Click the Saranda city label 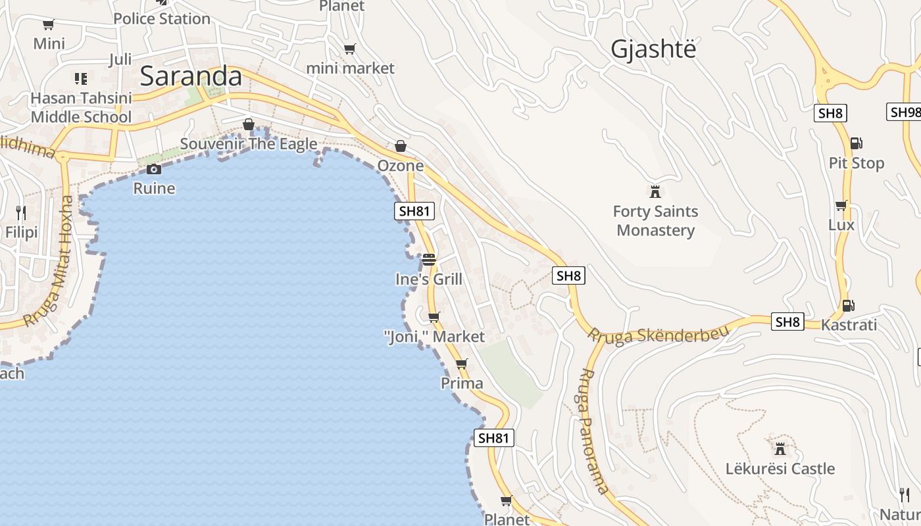pos(191,76)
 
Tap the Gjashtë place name pos(653,49)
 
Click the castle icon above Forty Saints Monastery pos(655,192)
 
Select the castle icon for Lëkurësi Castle pos(780,449)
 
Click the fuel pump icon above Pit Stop pos(856,143)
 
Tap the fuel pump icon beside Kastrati pos(848,305)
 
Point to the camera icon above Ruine pos(154,169)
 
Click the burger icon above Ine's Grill pos(429,259)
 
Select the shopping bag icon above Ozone pos(400,146)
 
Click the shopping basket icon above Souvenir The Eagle pos(249,124)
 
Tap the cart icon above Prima pos(461,364)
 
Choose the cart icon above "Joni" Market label pos(434,317)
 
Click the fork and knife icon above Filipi pos(21,212)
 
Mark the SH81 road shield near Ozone pos(415,211)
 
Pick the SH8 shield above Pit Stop pos(830,113)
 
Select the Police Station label pos(162,18)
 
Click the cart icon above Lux pos(841,205)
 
